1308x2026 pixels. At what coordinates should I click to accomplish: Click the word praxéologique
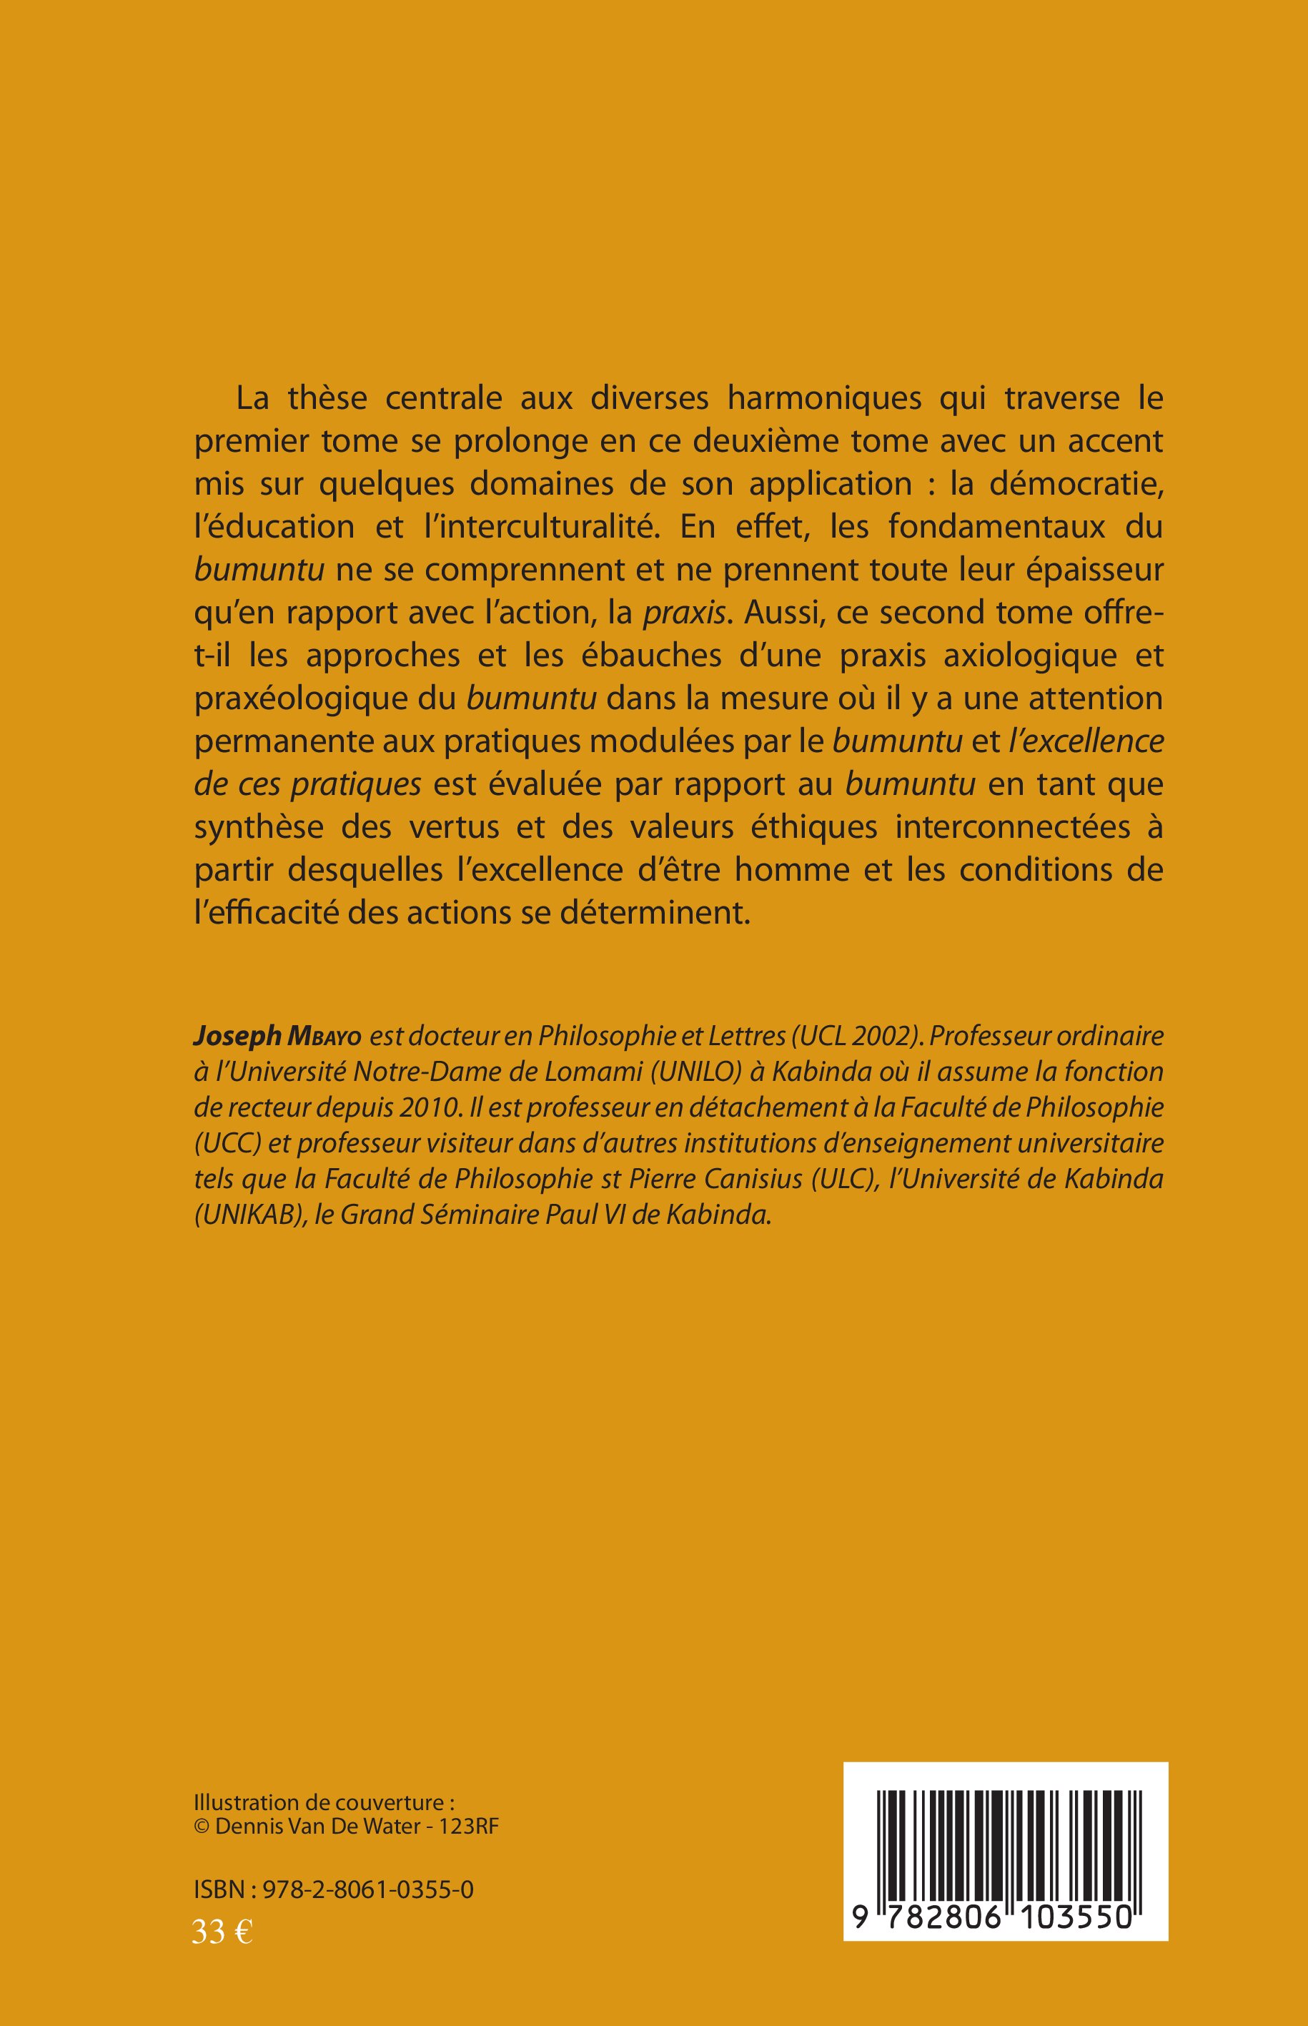[324, 698]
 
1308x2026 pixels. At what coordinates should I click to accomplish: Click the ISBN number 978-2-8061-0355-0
[368, 1889]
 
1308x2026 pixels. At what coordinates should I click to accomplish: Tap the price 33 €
[222, 1926]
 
